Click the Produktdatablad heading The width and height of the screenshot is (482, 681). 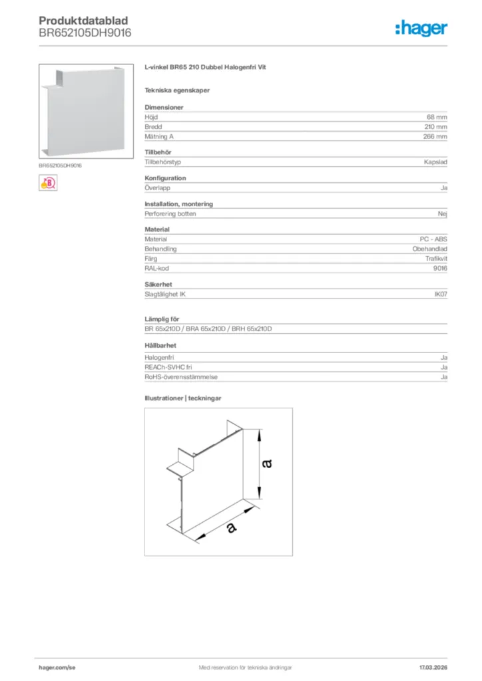(83, 21)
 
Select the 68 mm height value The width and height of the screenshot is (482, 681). (437, 117)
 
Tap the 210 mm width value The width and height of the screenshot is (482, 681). (435, 126)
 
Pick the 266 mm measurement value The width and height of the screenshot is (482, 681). (435, 136)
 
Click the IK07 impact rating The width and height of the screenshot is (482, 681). (440, 293)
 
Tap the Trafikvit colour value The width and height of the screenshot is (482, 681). (436, 258)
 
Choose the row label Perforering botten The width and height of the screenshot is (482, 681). (170, 214)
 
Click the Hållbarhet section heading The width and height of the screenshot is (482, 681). (160, 345)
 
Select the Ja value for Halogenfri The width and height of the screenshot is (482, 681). (443, 358)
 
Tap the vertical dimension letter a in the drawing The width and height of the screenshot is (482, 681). (267, 463)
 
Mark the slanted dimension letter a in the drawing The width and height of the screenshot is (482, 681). (230, 527)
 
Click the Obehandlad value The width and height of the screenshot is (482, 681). (429, 249)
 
